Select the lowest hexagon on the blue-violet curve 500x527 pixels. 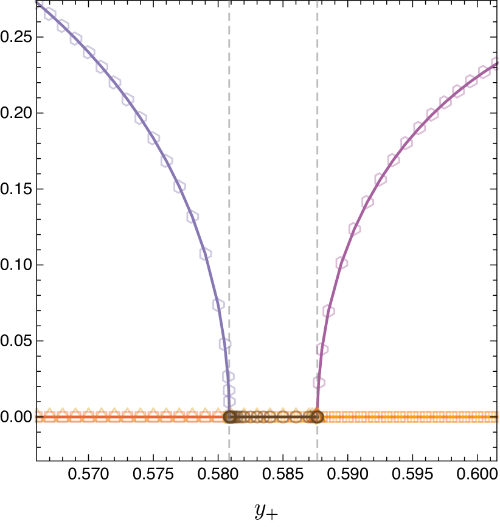pos(229,401)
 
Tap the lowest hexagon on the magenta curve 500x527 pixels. pos(319,382)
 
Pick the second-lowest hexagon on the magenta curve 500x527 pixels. pos(322,349)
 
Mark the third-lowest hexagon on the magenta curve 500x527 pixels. pos(328,311)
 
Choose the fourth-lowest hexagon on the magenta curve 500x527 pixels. pos(342,263)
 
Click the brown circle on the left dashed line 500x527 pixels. pos(229,417)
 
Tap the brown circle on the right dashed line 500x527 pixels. pos(317,417)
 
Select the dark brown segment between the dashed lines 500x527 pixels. pos(273,417)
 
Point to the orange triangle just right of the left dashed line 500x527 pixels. pos(244,412)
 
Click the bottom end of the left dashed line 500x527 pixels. pos(229,459)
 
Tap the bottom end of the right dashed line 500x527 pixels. pos(317,459)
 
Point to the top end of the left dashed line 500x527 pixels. pos(229,2)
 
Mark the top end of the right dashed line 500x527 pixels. pos(317,2)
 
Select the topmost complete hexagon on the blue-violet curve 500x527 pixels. pos(50,13)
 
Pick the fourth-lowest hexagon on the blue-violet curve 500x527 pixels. pos(225,344)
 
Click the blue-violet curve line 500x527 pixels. pos(186,201)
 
